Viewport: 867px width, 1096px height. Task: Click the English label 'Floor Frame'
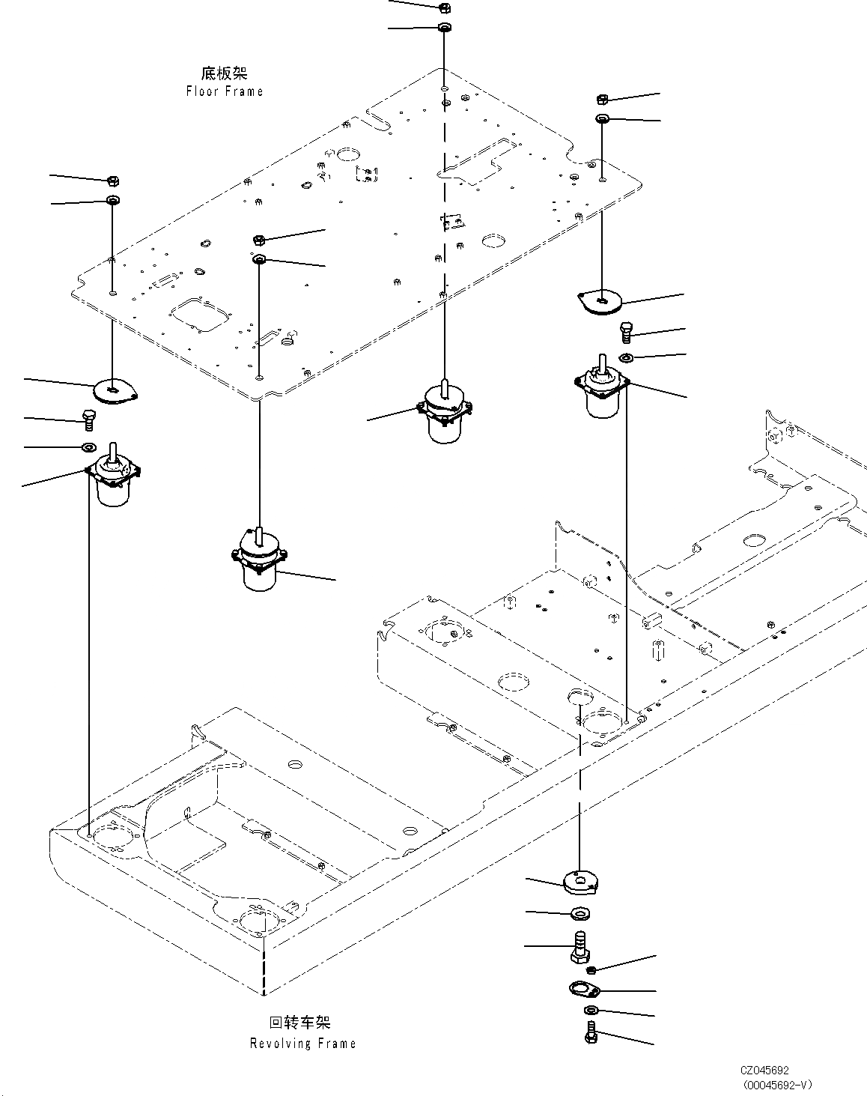tap(225, 91)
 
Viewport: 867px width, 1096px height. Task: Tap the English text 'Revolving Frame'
tap(302, 1044)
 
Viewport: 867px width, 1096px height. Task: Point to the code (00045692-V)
tap(778, 1084)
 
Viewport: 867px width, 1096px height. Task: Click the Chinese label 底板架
tap(224, 73)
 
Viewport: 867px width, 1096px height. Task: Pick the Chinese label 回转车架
tap(299, 1023)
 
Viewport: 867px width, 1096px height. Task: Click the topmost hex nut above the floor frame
tap(442, 7)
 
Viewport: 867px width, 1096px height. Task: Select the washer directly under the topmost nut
tap(443, 28)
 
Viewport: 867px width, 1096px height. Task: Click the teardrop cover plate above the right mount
tap(602, 301)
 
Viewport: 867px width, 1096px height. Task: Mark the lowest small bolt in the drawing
tap(590, 1035)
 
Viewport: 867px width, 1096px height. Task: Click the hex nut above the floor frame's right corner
tap(602, 99)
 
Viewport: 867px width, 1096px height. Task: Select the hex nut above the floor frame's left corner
tap(113, 181)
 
